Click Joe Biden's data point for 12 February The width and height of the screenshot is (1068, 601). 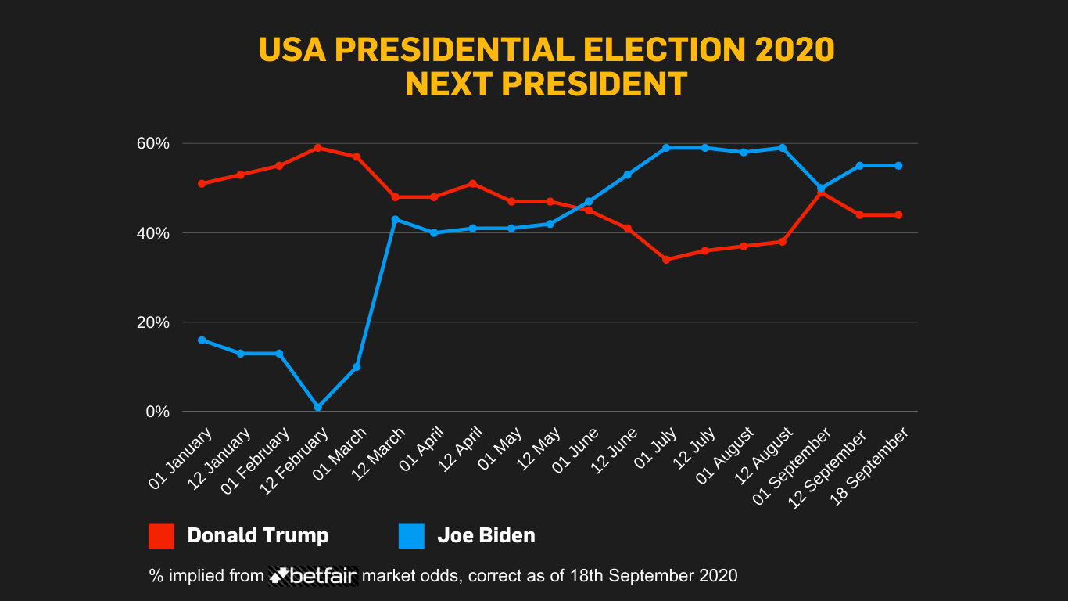(318, 407)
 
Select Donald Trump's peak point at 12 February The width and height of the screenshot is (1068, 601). (318, 147)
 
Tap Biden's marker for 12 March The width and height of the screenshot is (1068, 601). (396, 219)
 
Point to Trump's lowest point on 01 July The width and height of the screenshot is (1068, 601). (666, 259)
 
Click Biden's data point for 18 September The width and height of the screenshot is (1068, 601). (898, 166)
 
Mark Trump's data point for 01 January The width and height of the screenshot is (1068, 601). (202, 184)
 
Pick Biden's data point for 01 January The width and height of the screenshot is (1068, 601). (202, 340)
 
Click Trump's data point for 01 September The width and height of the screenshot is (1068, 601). (821, 193)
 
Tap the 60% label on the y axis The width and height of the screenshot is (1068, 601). (153, 143)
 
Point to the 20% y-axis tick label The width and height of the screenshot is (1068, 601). (153, 322)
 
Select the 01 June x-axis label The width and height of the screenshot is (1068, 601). (576, 449)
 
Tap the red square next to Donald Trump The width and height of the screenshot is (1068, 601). (161, 536)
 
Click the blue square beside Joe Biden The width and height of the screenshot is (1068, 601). (411, 536)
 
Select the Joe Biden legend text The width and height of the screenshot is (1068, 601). (486, 536)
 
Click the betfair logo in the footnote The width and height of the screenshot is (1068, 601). (314, 576)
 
